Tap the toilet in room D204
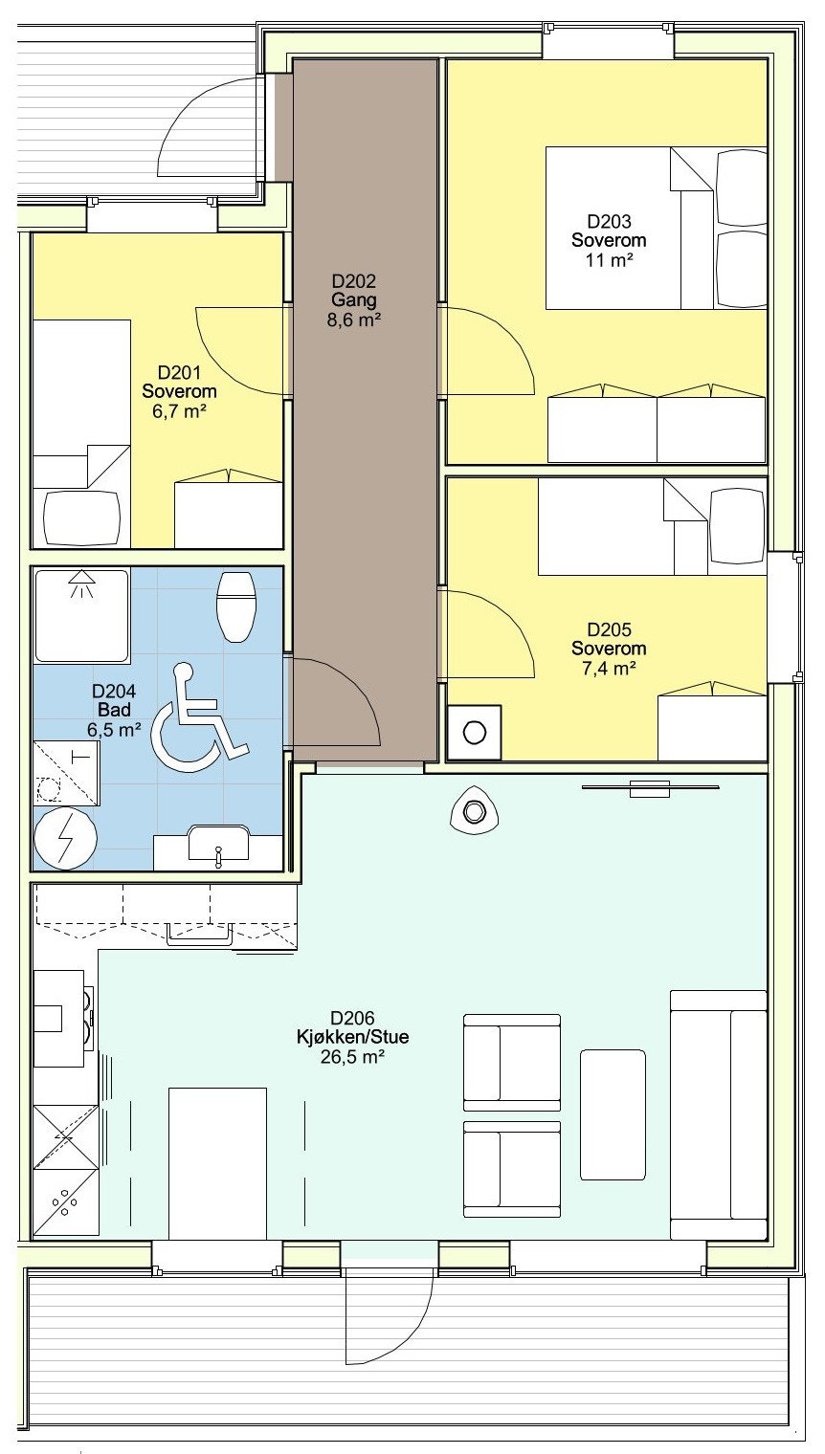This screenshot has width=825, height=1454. coord(236,606)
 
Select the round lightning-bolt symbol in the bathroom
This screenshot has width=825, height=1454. coord(66,839)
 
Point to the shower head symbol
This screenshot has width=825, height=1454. coord(81,583)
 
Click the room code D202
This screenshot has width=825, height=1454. coord(353,281)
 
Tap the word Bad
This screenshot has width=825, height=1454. coord(114,710)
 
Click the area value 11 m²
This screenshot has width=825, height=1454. coord(609,260)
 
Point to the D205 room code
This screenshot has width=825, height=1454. coord(609,629)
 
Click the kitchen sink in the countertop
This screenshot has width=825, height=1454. coord(199,935)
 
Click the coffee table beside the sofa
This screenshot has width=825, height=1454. coord(613,1114)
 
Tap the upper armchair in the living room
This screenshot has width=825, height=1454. coord(512,1063)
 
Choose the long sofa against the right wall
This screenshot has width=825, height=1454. coord(719,1115)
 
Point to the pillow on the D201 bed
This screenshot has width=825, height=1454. coord(82,518)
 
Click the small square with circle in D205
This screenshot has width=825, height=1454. coord(474,732)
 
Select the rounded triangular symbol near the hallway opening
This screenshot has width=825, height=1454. coord(474,811)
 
